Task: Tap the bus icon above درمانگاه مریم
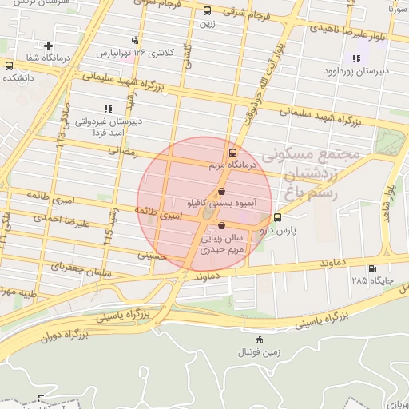point(232,152)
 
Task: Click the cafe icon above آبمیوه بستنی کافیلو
point(222,192)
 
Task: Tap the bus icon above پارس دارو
point(277,217)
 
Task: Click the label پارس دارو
point(280,230)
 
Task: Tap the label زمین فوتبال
point(254,352)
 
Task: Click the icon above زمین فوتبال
point(257,340)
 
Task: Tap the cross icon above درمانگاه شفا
point(49,46)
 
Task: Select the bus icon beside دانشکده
point(9,66)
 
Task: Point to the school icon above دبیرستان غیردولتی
point(106,109)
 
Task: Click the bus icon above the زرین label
point(208,11)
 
